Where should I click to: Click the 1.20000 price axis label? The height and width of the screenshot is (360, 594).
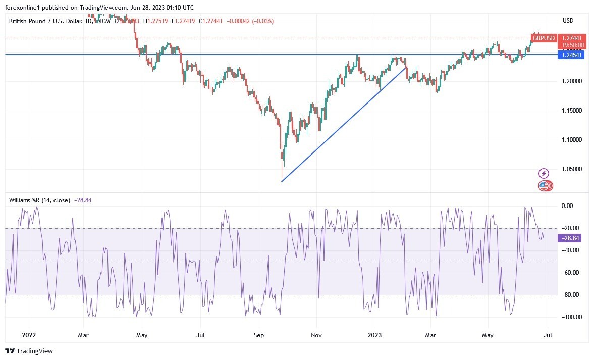point(572,81)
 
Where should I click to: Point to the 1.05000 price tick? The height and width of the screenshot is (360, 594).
point(572,169)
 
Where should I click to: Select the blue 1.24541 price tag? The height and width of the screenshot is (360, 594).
point(571,55)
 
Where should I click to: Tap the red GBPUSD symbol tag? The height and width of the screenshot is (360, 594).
point(544,38)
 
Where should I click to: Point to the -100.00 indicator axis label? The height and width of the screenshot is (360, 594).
point(571,317)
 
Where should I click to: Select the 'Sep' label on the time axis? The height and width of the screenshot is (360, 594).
point(259,335)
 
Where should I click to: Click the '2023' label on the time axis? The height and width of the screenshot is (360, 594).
point(374,335)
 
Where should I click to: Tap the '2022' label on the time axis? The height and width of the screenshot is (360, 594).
point(29,335)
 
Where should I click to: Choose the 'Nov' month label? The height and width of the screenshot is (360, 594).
point(316,335)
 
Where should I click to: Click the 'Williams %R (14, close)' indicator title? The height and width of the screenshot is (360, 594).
point(39,200)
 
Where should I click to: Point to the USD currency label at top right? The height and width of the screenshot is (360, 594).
point(568,21)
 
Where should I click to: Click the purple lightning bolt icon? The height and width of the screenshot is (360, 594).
point(544,173)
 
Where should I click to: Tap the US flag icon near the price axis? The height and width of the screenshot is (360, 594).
point(544,185)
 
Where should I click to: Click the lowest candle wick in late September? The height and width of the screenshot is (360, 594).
point(281,175)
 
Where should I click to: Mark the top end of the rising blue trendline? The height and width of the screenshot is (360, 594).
point(406,67)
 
